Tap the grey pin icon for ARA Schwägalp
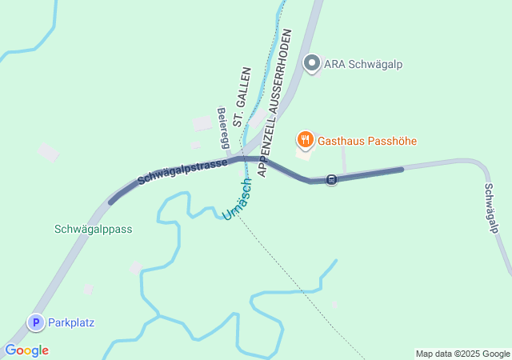(312, 62)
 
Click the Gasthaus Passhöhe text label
(367, 142)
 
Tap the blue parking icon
(35, 322)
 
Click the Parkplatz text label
(71, 323)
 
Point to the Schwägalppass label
(93, 229)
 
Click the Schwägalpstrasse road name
(182, 169)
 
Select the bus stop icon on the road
(332, 179)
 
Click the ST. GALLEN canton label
(238, 108)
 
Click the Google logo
(26, 350)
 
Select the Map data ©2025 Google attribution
(462, 354)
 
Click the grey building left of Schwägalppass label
(48, 152)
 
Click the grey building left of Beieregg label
(202, 123)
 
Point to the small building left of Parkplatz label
(88, 288)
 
